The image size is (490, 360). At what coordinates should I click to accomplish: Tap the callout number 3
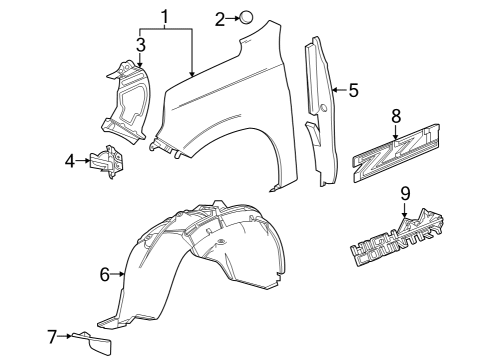141,44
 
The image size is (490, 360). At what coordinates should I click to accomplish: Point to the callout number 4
70,160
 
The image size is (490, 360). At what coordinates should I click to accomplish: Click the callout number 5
353,91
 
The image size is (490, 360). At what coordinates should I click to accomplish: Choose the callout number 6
105,272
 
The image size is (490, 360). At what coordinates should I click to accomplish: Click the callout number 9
405,193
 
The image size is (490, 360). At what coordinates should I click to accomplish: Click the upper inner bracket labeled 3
125,100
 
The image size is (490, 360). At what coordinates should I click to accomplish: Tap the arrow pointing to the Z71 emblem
396,130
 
